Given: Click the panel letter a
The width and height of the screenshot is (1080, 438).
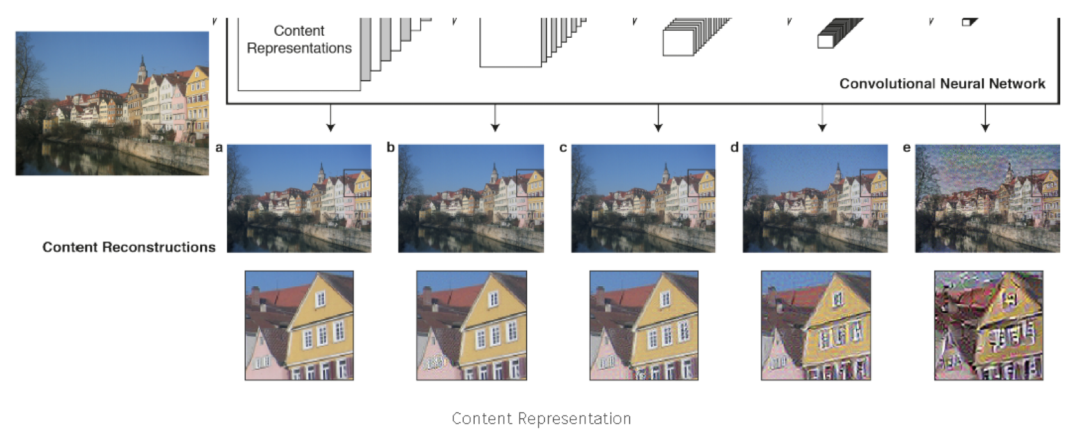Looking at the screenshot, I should [219, 148].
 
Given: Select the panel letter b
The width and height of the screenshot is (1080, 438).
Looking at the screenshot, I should [390, 148].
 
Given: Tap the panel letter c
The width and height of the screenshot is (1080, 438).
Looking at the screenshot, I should [563, 148].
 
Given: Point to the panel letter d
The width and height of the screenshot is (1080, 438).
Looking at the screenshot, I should [735, 148].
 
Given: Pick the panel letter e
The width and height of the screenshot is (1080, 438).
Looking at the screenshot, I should [907, 148].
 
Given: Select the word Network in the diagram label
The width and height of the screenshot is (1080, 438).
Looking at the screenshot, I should [1017, 84].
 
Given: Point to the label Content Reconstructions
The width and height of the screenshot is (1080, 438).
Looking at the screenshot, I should [129, 247].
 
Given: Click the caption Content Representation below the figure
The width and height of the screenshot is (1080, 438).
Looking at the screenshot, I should [541, 419].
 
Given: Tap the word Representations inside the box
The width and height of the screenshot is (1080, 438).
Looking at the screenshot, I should [299, 48].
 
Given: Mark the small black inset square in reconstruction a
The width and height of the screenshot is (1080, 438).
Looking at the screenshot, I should [357, 183].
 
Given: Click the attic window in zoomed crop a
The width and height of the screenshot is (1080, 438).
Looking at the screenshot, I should [321, 299].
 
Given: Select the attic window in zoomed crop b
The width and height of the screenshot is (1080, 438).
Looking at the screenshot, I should [493, 299].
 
